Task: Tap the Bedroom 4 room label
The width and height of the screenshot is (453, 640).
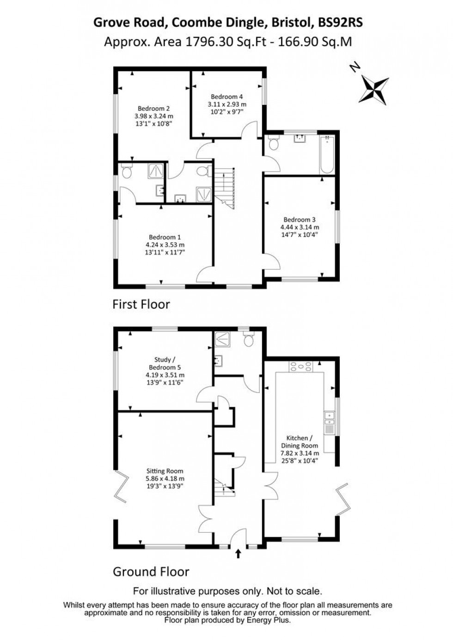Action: click(x=226, y=97)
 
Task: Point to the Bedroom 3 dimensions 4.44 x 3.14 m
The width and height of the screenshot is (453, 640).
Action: click(x=300, y=227)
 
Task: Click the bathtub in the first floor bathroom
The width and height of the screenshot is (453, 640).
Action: click(x=327, y=154)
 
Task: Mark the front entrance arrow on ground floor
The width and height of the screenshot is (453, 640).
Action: click(x=239, y=554)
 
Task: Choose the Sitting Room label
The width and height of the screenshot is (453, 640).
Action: click(x=165, y=471)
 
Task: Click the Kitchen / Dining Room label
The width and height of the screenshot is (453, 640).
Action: click(x=300, y=442)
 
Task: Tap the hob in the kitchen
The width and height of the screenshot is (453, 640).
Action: click(x=300, y=366)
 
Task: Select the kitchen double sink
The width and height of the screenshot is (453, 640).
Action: click(x=330, y=418)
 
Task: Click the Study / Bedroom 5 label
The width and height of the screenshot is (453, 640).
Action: click(x=165, y=363)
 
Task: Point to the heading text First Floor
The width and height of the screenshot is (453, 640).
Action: click(x=141, y=305)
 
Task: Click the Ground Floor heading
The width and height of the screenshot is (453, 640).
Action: click(x=151, y=572)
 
